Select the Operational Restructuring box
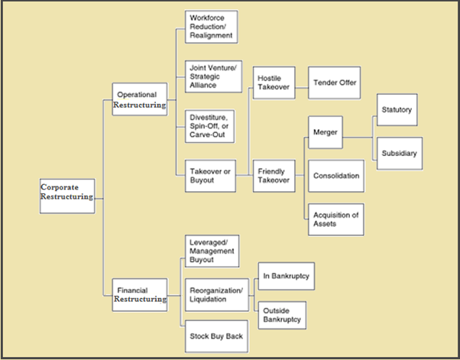[x=140, y=99]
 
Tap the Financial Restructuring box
[x=140, y=294]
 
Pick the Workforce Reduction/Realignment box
[x=209, y=27]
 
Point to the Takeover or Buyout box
[x=209, y=175]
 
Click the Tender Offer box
[x=333, y=83]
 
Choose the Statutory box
[x=397, y=110]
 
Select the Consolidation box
[x=334, y=176]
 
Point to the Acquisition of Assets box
[x=334, y=218]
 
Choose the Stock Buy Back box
[x=209, y=336]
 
